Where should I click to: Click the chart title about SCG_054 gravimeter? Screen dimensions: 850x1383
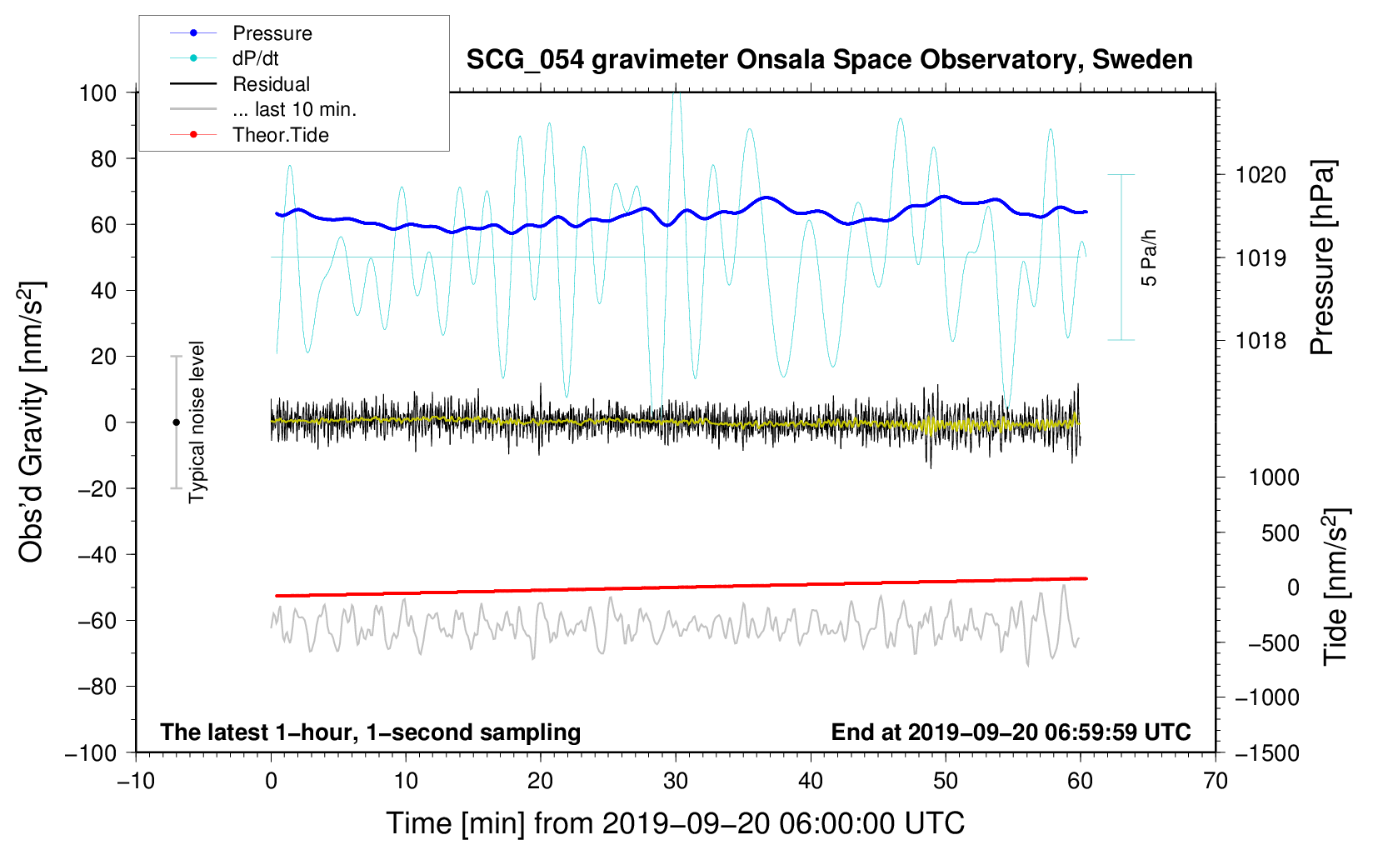tap(829, 60)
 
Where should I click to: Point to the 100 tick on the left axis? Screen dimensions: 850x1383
tap(97, 92)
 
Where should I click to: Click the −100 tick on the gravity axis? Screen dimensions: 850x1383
tap(91, 752)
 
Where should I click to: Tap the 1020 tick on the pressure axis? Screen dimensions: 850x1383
tap(1261, 175)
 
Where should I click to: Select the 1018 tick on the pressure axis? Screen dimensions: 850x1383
tap(1261, 340)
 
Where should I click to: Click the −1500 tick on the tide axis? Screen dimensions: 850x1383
tap(1266, 752)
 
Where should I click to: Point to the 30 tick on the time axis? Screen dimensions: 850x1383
tap(676, 781)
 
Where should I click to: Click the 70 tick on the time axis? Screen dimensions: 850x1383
tap(1216, 781)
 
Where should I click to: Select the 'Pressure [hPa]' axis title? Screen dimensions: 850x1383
tap(1323, 257)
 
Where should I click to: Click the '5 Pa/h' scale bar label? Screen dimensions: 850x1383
tap(1150, 257)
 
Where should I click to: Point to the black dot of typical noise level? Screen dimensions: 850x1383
tap(176, 422)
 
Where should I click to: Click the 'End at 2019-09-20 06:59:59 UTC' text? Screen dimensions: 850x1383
tap(1011, 732)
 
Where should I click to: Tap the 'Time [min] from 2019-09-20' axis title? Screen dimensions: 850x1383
tap(675, 823)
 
